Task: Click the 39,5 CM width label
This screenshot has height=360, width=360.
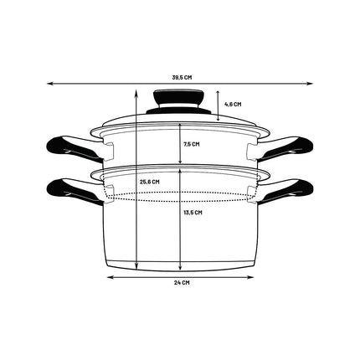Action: tap(182, 78)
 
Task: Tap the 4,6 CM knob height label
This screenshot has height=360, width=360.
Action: tap(233, 105)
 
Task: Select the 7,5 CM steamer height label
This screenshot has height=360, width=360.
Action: tap(192, 144)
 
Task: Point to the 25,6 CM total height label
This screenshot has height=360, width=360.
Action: tap(150, 182)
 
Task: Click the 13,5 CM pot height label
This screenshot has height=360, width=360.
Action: tap(193, 213)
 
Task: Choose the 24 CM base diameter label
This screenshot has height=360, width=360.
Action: tap(182, 282)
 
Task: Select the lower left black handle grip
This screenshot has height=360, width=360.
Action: tap(69, 189)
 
